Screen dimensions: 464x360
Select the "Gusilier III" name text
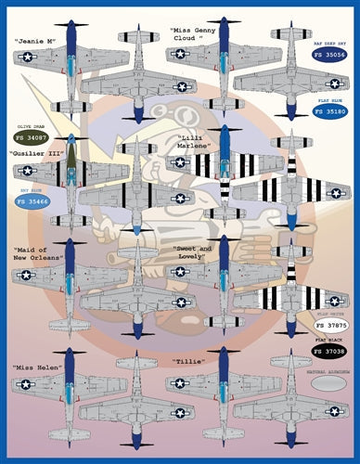(x=34, y=152)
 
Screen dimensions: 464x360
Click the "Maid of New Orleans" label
(x=38, y=254)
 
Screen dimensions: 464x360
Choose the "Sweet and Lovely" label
(x=195, y=254)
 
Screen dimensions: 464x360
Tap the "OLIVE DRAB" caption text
(x=27, y=128)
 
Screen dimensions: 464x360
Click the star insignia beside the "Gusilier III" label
(x=27, y=171)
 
